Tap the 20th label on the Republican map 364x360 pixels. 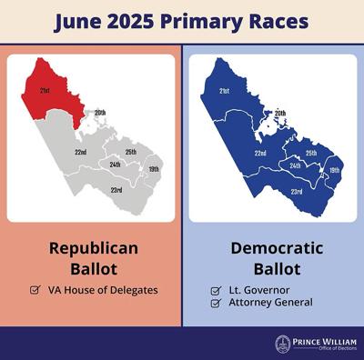[x=100, y=113]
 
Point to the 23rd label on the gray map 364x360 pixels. [x=116, y=191]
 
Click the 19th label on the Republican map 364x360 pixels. [x=153, y=170]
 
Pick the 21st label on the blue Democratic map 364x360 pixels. [x=224, y=92]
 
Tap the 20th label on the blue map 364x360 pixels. [x=281, y=113]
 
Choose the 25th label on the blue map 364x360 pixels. [x=311, y=152]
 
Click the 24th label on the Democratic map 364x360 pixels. [x=296, y=165]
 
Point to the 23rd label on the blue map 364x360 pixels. [x=297, y=192]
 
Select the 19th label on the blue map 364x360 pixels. [x=335, y=170]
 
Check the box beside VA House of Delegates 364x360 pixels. [x=35, y=290]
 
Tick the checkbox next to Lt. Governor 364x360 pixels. [x=216, y=290]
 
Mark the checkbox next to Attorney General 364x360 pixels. [x=216, y=303]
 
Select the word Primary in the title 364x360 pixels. [x=197, y=21]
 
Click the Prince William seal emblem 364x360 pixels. [x=283, y=344]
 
